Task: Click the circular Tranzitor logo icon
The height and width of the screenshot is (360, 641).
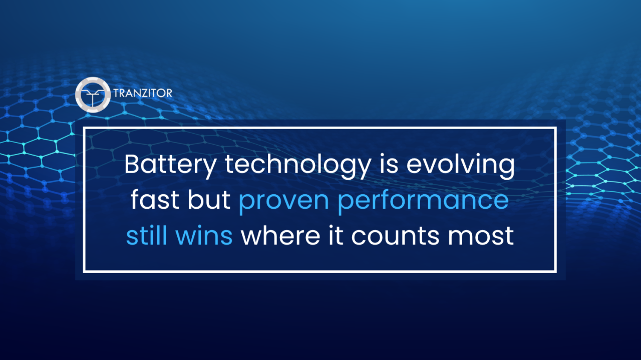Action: point(93,94)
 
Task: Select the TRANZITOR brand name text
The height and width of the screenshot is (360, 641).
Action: point(143,94)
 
